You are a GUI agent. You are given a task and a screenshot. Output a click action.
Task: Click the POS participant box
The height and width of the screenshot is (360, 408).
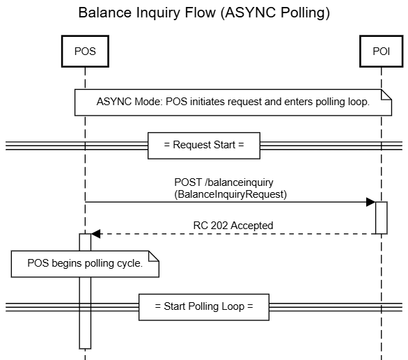(84, 50)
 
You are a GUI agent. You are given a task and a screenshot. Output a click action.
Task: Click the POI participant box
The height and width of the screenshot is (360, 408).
(382, 50)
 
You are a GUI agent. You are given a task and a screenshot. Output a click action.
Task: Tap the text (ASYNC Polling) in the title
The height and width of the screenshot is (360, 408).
(281, 13)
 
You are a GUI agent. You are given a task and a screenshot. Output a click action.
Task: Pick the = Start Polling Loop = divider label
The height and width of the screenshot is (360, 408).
(203, 306)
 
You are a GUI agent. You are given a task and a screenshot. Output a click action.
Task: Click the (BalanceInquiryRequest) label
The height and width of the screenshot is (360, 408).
(230, 195)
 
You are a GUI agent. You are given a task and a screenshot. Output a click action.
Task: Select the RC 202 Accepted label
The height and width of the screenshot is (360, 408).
(233, 226)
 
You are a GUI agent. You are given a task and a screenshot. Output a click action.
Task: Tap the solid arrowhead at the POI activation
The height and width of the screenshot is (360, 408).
(371, 203)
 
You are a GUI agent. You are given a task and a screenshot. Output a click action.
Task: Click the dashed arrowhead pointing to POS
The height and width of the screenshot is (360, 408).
(95, 234)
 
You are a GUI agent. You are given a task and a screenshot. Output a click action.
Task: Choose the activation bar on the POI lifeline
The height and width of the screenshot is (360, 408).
(382, 218)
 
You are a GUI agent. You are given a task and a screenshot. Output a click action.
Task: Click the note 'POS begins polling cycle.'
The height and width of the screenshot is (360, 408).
(84, 263)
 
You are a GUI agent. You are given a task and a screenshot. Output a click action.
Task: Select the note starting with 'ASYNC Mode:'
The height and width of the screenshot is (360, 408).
(232, 102)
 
